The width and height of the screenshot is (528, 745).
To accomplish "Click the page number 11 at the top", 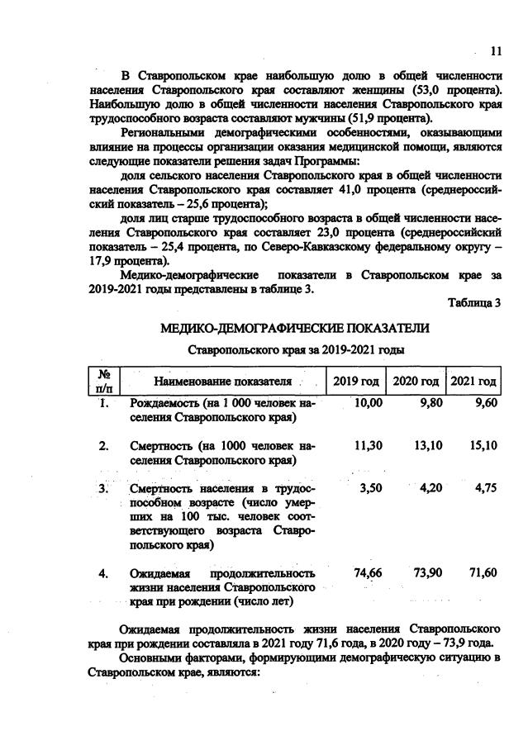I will click(x=496, y=51).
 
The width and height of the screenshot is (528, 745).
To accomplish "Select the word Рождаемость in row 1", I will click(x=165, y=402).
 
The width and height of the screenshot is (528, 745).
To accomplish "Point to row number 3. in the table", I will click(x=105, y=488).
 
